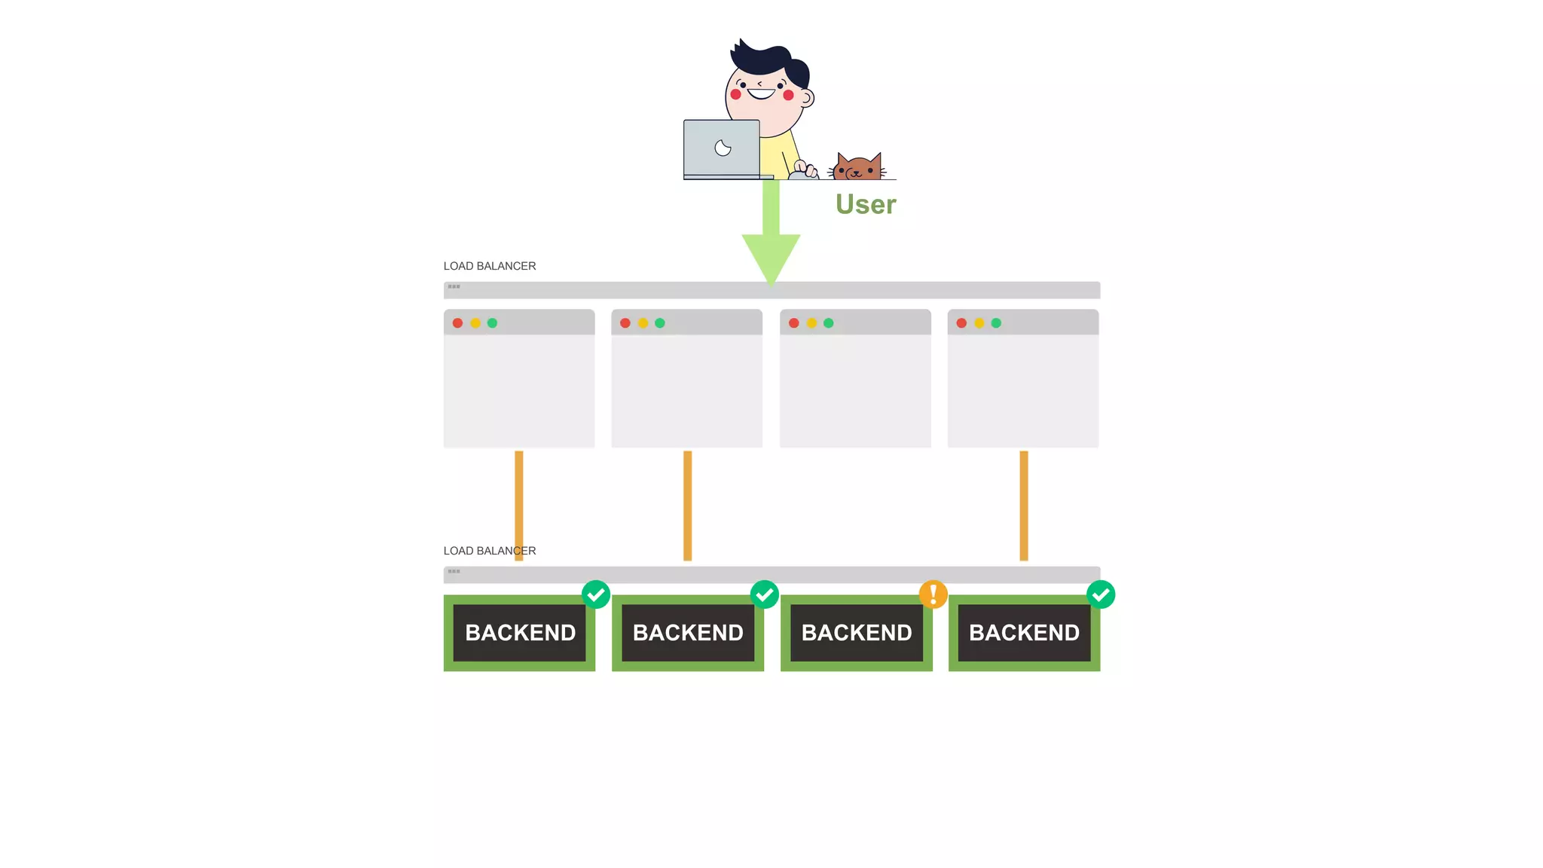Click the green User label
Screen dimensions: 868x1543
866,204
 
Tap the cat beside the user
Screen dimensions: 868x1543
857,167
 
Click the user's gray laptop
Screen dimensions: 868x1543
722,148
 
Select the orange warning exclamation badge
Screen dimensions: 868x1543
933,594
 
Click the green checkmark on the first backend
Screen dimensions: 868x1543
596,594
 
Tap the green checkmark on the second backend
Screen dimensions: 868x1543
765,594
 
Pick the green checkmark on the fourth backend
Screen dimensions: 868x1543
1101,594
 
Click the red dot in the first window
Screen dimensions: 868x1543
457,323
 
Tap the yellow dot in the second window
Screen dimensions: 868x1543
643,323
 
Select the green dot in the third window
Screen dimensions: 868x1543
829,323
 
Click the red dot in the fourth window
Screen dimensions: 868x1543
961,323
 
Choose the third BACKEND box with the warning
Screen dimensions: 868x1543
857,633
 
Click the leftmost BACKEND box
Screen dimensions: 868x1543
520,633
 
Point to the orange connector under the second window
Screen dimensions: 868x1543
687,505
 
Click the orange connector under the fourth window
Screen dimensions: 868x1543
1024,505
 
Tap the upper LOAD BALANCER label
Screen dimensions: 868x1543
490,266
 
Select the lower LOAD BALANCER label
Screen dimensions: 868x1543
490,551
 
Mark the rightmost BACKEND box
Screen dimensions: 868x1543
1024,633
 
